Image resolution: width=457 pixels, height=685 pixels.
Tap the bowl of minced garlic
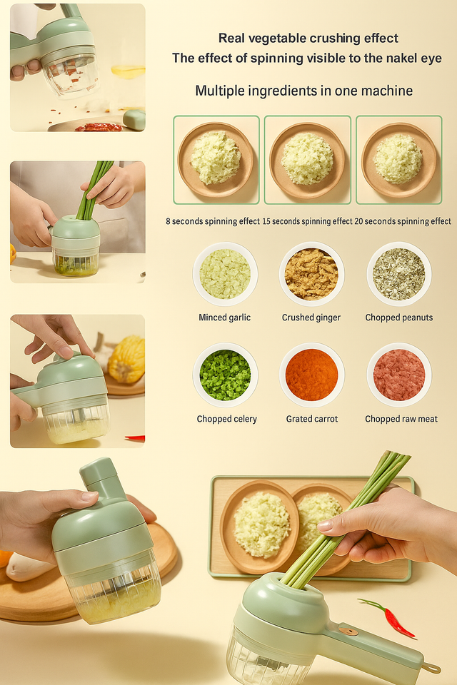(225, 274)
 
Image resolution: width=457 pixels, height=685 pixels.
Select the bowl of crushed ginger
(311, 274)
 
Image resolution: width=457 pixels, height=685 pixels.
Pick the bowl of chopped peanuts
(399, 274)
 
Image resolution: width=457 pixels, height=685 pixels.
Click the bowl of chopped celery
(225, 375)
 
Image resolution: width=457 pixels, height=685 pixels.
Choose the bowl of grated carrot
(312, 375)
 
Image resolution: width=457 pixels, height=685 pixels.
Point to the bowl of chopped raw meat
(399, 375)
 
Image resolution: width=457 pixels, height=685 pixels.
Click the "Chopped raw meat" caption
(401, 419)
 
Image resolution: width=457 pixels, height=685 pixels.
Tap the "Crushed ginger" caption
(311, 318)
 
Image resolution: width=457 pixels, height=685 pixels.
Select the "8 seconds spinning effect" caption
(213, 221)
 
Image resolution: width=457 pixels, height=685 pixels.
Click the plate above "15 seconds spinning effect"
(308, 160)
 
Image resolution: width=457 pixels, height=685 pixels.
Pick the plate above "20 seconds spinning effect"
(399, 160)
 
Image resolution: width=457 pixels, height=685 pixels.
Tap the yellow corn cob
(126, 359)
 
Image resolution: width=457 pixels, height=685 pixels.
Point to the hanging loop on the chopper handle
(431, 668)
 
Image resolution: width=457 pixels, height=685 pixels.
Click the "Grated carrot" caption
(312, 419)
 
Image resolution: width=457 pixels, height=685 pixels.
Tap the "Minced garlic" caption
(224, 318)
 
